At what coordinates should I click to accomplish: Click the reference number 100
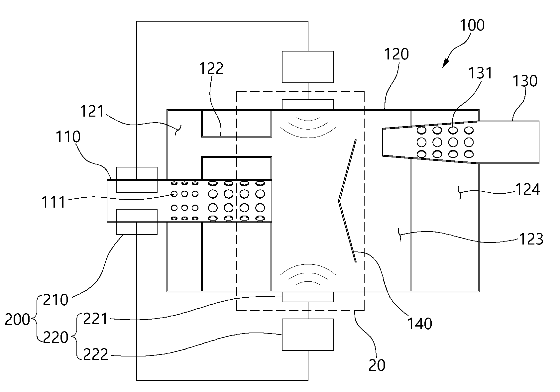click(x=472, y=25)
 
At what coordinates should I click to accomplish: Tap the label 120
click(x=396, y=54)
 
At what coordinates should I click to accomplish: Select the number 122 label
click(x=211, y=68)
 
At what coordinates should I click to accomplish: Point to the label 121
click(x=92, y=111)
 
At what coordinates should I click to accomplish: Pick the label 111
click(x=53, y=202)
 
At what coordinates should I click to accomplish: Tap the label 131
click(x=480, y=73)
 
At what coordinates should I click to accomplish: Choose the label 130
click(x=525, y=81)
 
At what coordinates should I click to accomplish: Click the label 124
click(x=528, y=189)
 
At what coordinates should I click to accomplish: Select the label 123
click(x=531, y=239)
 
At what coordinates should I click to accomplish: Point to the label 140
click(x=420, y=324)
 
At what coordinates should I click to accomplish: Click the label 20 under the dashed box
click(x=377, y=365)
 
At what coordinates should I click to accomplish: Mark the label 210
click(x=56, y=300)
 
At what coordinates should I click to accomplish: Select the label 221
click(x=95, y=319)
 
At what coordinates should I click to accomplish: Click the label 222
click(x=95, y=354)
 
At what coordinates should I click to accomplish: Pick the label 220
click(x=56, y=337)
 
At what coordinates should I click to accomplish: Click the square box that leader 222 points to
click(x=308, y=335)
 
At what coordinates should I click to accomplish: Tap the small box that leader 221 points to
click(x=308, y=297)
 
